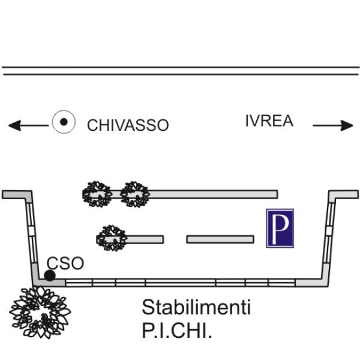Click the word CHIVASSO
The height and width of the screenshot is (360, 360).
pos(128,125)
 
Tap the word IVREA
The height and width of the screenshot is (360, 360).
pos(269,121)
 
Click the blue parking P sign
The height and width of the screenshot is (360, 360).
pos(280,229)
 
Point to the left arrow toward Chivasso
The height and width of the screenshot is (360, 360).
pos(27,125)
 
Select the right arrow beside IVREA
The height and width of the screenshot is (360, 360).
pos(334,125)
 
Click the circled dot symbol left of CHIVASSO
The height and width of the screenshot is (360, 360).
pos(63,122)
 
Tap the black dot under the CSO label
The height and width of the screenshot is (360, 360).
pos(50,275)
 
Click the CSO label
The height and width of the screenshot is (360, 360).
pos(65,263)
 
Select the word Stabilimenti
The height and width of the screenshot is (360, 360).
pos(196,308)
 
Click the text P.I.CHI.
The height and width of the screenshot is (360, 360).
pos(177,331)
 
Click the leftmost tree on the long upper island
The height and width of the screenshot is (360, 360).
pos(97,194)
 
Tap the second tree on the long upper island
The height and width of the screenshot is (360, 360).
pos(134,193)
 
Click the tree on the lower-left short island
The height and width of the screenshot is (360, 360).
pos(112,238)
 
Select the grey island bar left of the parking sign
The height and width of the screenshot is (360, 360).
pos(220,239)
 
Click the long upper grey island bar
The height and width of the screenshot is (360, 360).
pos(213,194)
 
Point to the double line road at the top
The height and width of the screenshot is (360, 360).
pos(180,71)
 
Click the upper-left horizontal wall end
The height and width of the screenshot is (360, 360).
pos(17,194)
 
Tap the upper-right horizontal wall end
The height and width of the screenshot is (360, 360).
pos(343,194)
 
